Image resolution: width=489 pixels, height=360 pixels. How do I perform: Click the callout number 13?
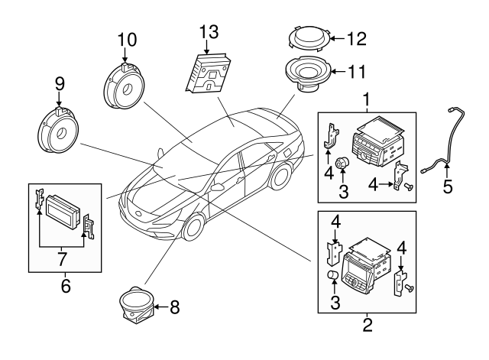tap(209, 32)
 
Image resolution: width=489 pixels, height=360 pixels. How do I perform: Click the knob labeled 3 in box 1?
tap(342, 162)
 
